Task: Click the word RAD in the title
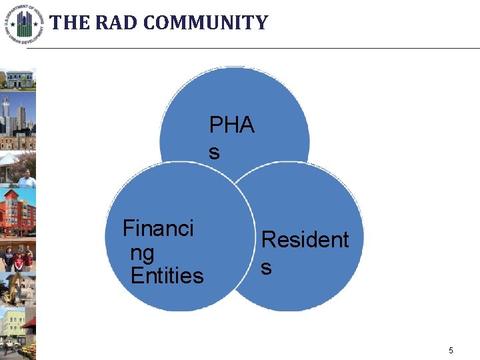(117, 23)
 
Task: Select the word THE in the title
(69, 23)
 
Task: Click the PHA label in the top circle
(232, 125)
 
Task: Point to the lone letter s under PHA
(213, 153)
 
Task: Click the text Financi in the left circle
(158, 229)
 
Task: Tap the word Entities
(167, 275)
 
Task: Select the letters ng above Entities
(142, 253)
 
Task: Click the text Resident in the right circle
(305, 239)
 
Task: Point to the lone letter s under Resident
(266, 267)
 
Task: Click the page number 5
(451, 351)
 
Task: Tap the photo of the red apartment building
(18, 213)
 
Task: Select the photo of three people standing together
(18, 257)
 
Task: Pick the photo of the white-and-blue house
(18, 79)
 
